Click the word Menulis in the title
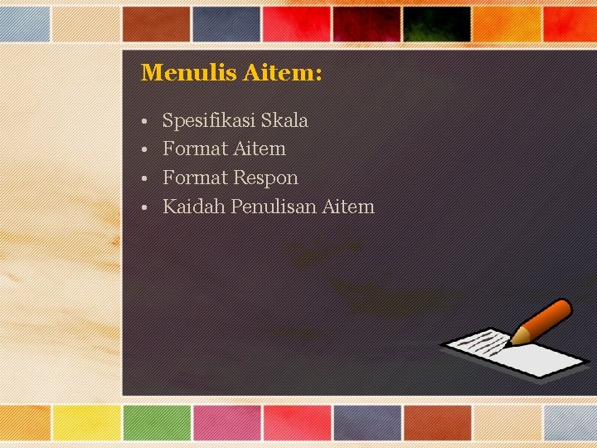tap(189, 73)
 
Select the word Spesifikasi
tap(209, 121)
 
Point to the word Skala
tap(284, 121)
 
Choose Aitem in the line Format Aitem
tap(260, 149)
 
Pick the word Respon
tap(265, 178)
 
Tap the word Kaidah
tap(194, 207)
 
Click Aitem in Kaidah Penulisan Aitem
tap(348, 207)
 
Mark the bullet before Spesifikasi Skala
tap(144, 122)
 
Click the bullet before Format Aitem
tap(144, 150)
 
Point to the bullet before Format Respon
tap(144, 178)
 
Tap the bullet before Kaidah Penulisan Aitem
tap(144, 207)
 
